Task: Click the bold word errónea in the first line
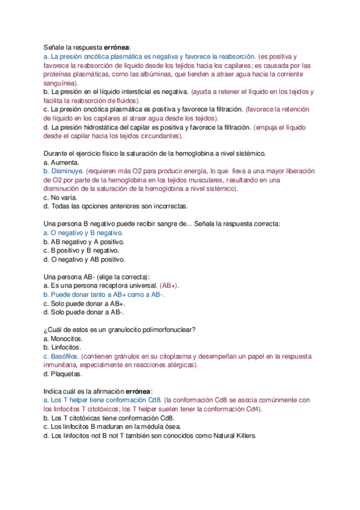[117, 46]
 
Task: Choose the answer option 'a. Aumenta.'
[61, 163]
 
